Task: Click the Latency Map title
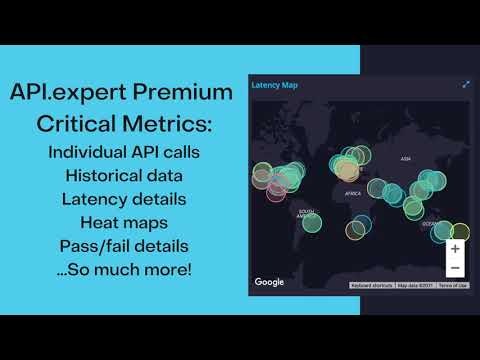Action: coord(274,86)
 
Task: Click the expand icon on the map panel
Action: coord(466,85)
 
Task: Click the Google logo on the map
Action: coord(269,282)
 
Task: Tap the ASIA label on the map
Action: coord(406,159)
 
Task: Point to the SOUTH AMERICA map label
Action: coord(309,212)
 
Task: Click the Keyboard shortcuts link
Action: coord(371,286)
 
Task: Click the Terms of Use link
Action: coord(453,286)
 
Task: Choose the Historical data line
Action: coord(124,176)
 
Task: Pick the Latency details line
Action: coord(124,199)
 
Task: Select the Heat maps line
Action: coord(124,222)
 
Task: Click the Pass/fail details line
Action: coord(124,245)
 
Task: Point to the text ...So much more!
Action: coord(124,268)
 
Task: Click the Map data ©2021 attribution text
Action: coord(415,286)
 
